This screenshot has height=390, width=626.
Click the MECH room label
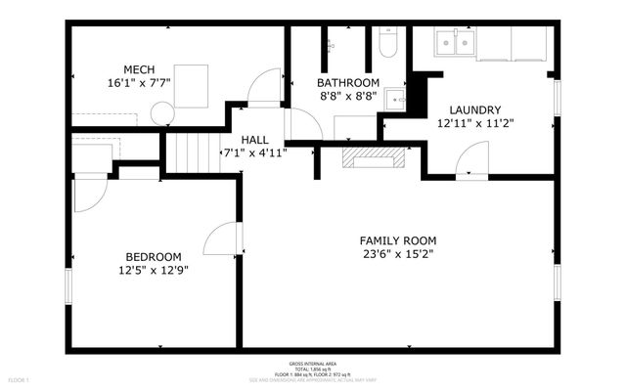[137, 68]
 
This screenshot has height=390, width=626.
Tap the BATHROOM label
[347, 83]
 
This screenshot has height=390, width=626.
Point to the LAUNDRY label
[474, 109]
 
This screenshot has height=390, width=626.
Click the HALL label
[254, 139]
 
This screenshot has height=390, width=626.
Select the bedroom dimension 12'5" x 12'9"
[154, 270]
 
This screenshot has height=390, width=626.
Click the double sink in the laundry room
[453, 42]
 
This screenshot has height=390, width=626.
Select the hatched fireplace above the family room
[372, 157]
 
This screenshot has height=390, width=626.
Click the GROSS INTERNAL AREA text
[312, 363]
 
